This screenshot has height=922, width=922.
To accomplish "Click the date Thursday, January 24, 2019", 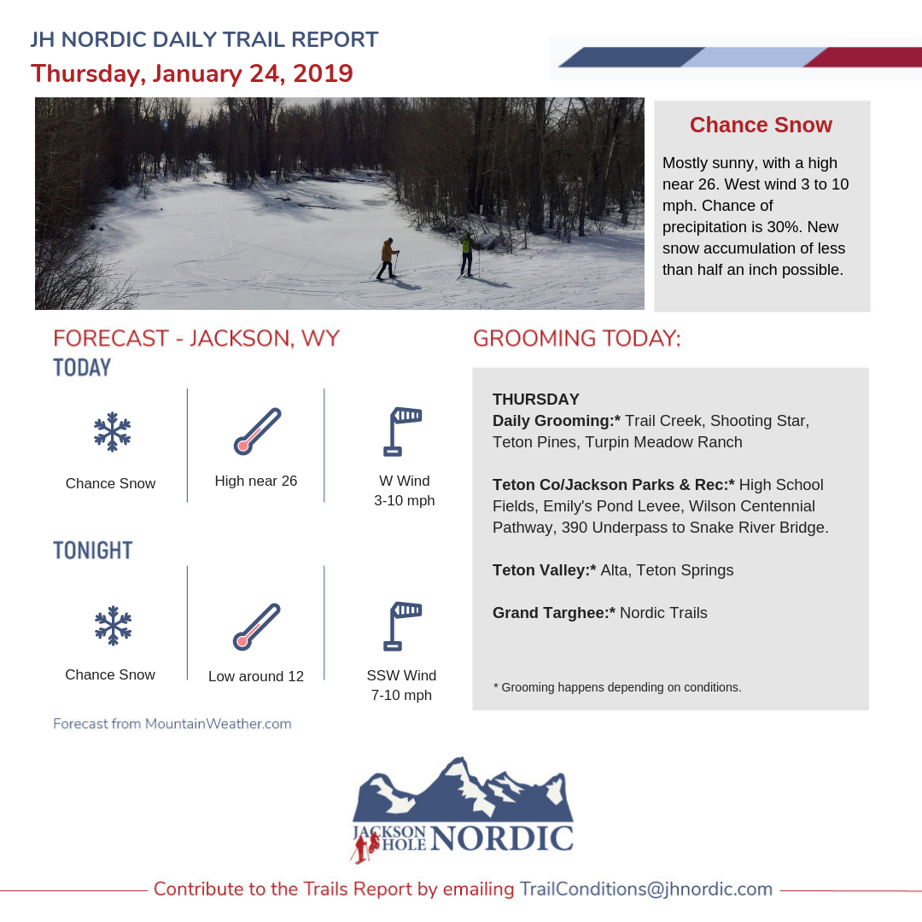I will point(192,73).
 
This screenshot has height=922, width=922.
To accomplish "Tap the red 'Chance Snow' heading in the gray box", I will point(761,125).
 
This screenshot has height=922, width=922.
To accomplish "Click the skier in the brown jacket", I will point(388,258).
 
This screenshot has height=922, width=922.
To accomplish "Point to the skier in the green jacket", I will point(466,254).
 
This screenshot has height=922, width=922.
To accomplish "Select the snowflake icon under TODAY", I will point(111,432).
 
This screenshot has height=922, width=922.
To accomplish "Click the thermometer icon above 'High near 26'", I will point(257,431).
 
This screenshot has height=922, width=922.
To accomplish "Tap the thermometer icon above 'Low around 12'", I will point(257,627).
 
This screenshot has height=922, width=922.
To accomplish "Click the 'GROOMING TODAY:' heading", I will point(577,338).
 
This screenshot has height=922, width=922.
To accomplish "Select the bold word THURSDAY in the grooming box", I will point(535,399).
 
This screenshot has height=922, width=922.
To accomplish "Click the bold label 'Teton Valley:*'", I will point(544,570).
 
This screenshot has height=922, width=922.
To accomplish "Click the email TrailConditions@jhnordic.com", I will point(646,889).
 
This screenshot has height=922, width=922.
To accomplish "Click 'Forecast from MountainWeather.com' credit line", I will point(172,724).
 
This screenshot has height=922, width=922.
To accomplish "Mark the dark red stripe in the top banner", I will point(862,57).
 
